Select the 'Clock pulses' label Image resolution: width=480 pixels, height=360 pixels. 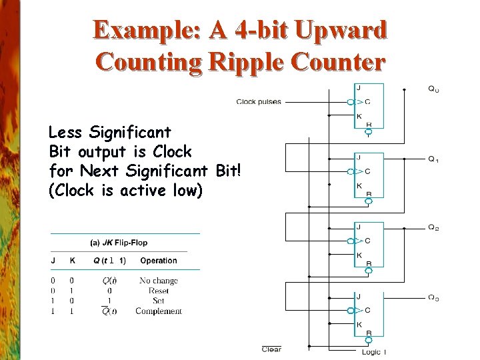[x=259, y=102]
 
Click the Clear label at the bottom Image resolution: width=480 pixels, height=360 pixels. [x=271, y=349]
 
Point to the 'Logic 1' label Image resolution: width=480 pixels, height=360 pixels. [x=374, y=351]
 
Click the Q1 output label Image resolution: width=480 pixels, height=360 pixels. [x=433, y=159]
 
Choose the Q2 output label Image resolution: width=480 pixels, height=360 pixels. [x=433, y=228]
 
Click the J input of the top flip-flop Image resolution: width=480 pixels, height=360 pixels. [x=359, y=88]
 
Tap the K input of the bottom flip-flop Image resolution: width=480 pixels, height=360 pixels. [x=359, y=325]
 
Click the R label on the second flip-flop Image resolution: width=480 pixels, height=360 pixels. [x=369, y=194]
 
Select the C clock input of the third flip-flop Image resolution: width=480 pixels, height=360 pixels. [x=367, y=241]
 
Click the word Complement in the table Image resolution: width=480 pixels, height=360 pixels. [x=159, y=311]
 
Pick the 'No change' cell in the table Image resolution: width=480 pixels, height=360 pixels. [x=159, y=281]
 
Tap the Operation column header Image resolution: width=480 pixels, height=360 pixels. [x=159, y=261]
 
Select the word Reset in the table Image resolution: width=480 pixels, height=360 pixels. [x=159, y=291]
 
